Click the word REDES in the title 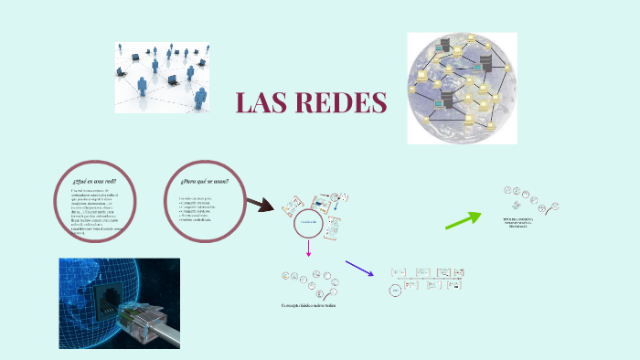[x=343, y=103]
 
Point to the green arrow [x=464, y=219]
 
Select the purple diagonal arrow [x=360, y=268]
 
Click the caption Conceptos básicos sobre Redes [x=308, y=305]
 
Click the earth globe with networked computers [x=462, y=88]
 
